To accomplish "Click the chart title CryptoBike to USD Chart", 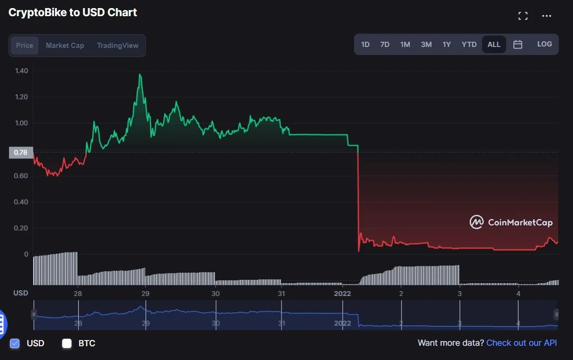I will click(73, 13).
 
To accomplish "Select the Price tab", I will click(25, 46).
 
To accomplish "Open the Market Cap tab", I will click(65, 46).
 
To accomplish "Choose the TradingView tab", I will click(118, 46).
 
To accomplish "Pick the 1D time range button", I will click(365, 45).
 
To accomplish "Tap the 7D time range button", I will click(385, 45).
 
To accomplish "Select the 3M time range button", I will click(426, 45).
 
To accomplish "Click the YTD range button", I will click(469, 45).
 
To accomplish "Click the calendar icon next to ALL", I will click(518, 45).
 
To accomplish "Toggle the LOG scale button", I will click(544, 44).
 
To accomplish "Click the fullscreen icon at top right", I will click(523, 16).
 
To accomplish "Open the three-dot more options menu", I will click(546, 16).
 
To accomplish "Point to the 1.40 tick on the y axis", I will click(22, 71).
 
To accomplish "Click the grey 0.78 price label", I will click(20, 152).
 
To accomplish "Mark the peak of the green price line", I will click(140, 74).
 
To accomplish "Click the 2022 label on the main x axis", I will click(342, 293).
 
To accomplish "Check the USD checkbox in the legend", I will click(15, 343).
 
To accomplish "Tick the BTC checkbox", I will click(67, 343).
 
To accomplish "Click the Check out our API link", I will click(521, 343).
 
